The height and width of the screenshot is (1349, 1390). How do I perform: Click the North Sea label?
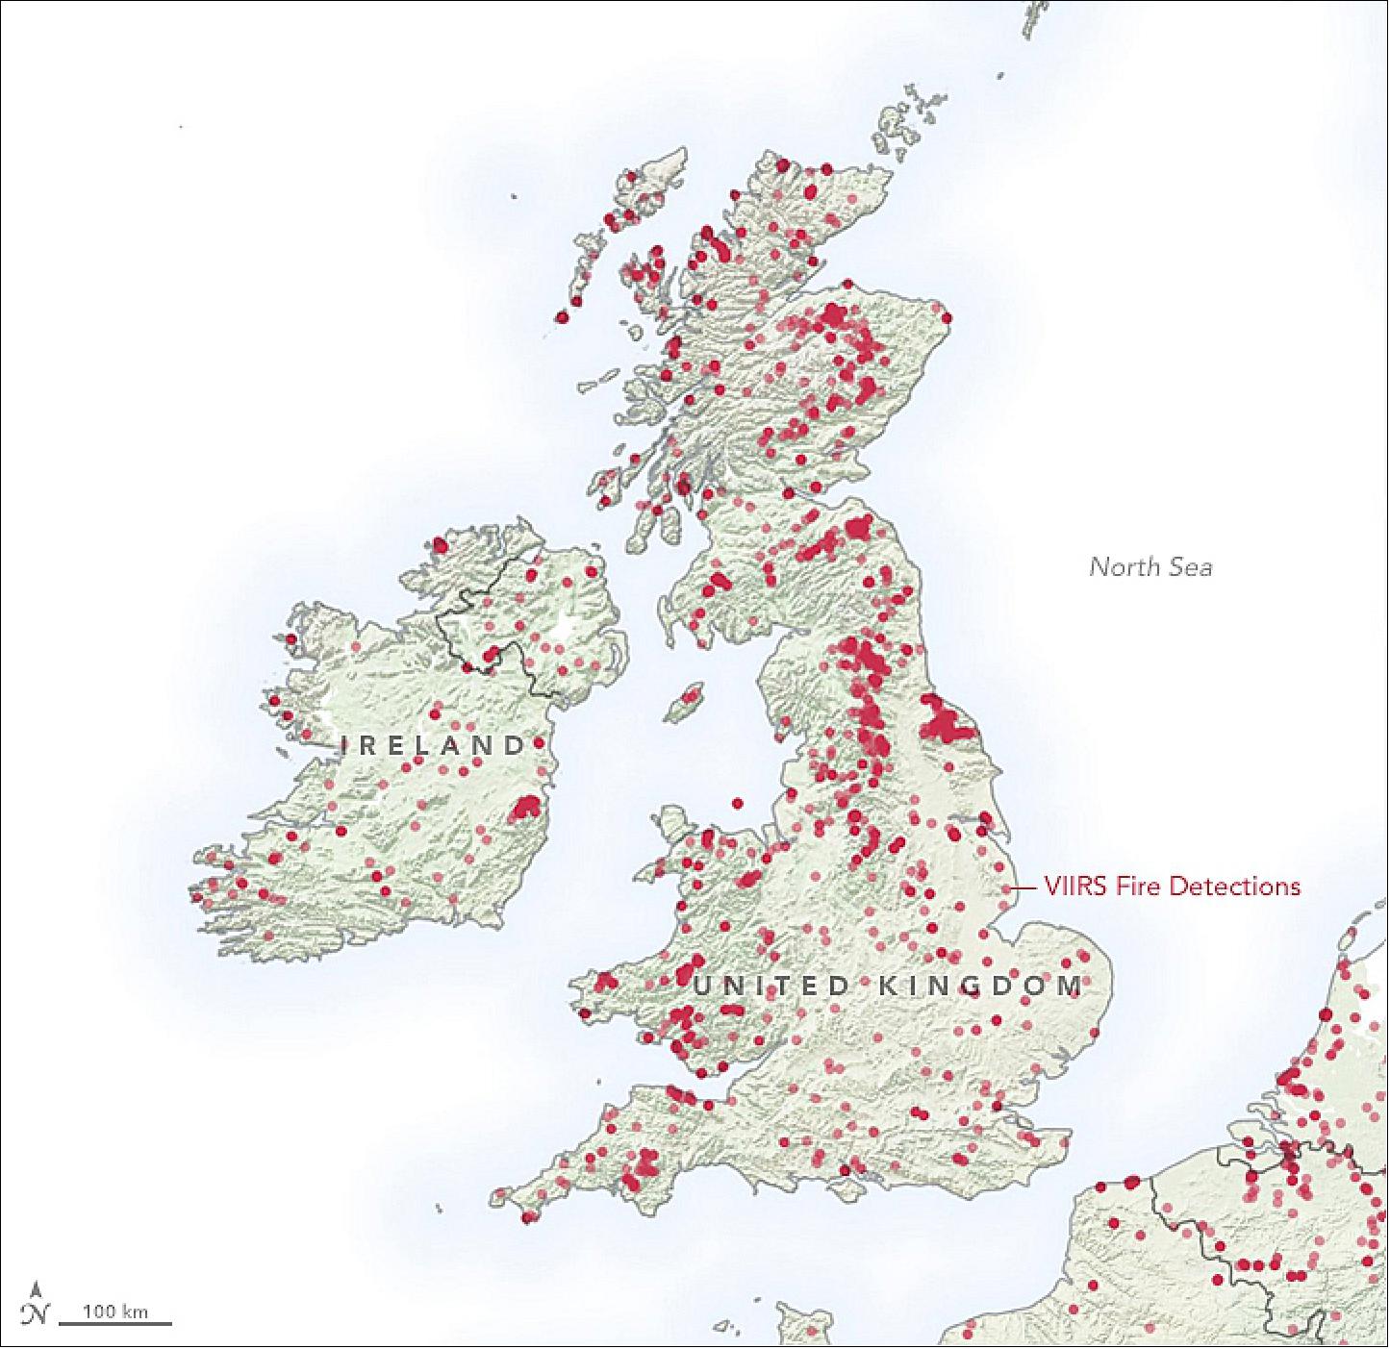pyautogui.click(x=1150, y=566)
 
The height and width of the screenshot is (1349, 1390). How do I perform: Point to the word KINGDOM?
pyautogui.click(x=976, y=986)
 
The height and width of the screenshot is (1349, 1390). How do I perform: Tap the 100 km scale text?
pyautogui.click(x=114, y=1311)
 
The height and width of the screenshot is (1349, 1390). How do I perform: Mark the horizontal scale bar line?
pyautogui.click(x=115, y=1324)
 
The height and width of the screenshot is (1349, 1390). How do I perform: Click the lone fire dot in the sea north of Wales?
pyautogui.click(x=738, y=803)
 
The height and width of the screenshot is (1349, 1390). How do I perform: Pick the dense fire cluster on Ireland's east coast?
pyautogui.click(x=526, y=808)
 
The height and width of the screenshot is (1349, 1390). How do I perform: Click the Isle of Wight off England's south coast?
pyautogui.click(x=849, y=1188)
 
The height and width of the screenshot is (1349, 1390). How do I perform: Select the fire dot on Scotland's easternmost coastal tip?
pyautogui.click(x=947, y=318)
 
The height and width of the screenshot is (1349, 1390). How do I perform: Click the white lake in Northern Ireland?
pyautogui.click(x=575, y=636)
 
